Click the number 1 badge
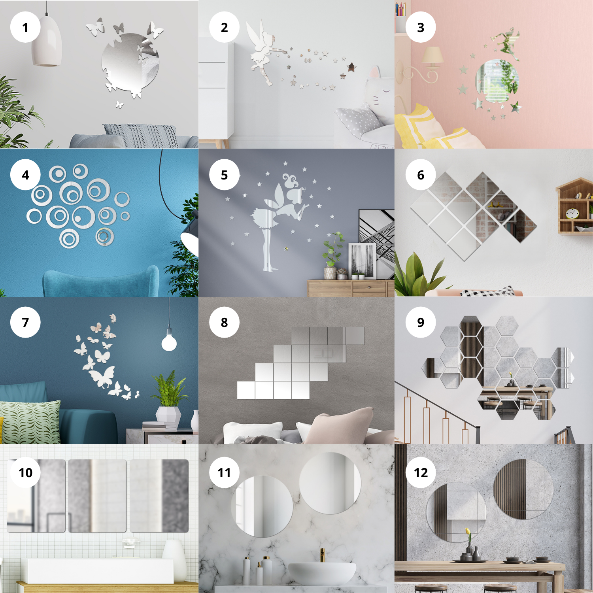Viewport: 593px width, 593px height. pyautogui.click(x=25, y=27)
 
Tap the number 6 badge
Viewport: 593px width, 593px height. pyautogui.click(x=421, y=175)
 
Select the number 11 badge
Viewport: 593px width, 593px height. pyautogui.click(x=224, y=472)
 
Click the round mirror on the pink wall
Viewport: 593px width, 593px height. pyautogui.click(x=497, y=81)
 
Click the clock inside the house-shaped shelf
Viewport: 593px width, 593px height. pyautogui.click(x=572, y=214)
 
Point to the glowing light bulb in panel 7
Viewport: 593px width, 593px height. pyautogui.click(x=169, y=342)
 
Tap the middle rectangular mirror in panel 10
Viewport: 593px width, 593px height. pyautogui.click(x=97, y=496)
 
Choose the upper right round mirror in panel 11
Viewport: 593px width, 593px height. pyautogui.click(x=330, y=483)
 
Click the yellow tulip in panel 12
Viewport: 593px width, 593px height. pyautogui.click(x=467, y=531)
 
